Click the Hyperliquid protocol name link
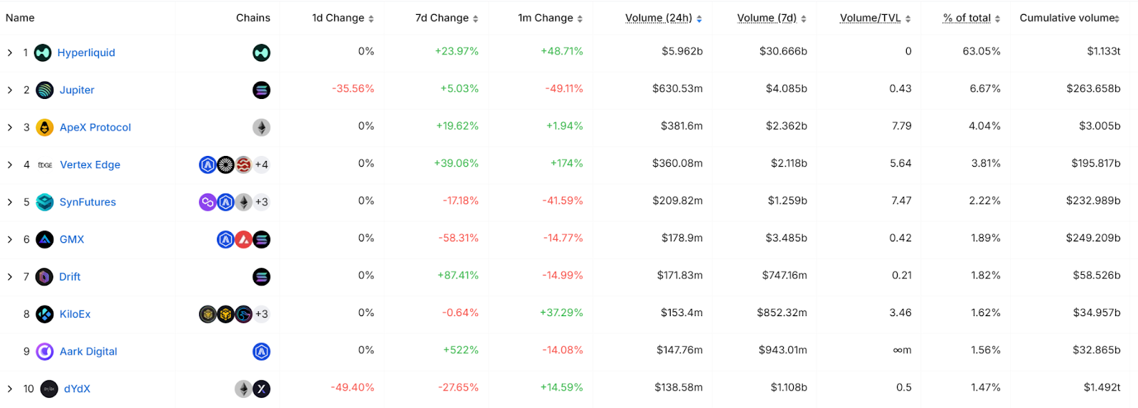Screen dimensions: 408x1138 (x=86, y=53)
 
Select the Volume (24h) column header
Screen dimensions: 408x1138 (x=658, y=18)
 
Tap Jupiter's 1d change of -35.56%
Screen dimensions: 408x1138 (x=353, y=89)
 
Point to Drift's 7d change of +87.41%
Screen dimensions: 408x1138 (x=458, y=276)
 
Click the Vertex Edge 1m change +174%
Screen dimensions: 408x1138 (x=566, y=164)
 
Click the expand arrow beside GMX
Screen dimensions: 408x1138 (x=10, y=239)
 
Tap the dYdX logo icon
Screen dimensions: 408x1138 (x=49, y=389)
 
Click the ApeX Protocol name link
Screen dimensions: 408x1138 (x=95, y=127)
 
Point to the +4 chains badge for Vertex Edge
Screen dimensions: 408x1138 (x=262, y=165)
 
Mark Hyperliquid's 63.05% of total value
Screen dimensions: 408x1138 (x=981, y=51)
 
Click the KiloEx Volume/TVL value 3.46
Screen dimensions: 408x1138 (x=900, y=313)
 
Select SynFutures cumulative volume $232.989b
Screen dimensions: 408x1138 (x=1092, y=201)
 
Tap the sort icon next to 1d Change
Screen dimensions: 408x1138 (x=371, y=19)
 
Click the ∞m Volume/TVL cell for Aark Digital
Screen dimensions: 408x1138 (x=902, y=350)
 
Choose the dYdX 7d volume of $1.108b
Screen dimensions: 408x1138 (x=789, y=387)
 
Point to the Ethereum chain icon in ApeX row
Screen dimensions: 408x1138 (x=262, y=127)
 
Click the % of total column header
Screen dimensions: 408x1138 (x=967, y=18)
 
